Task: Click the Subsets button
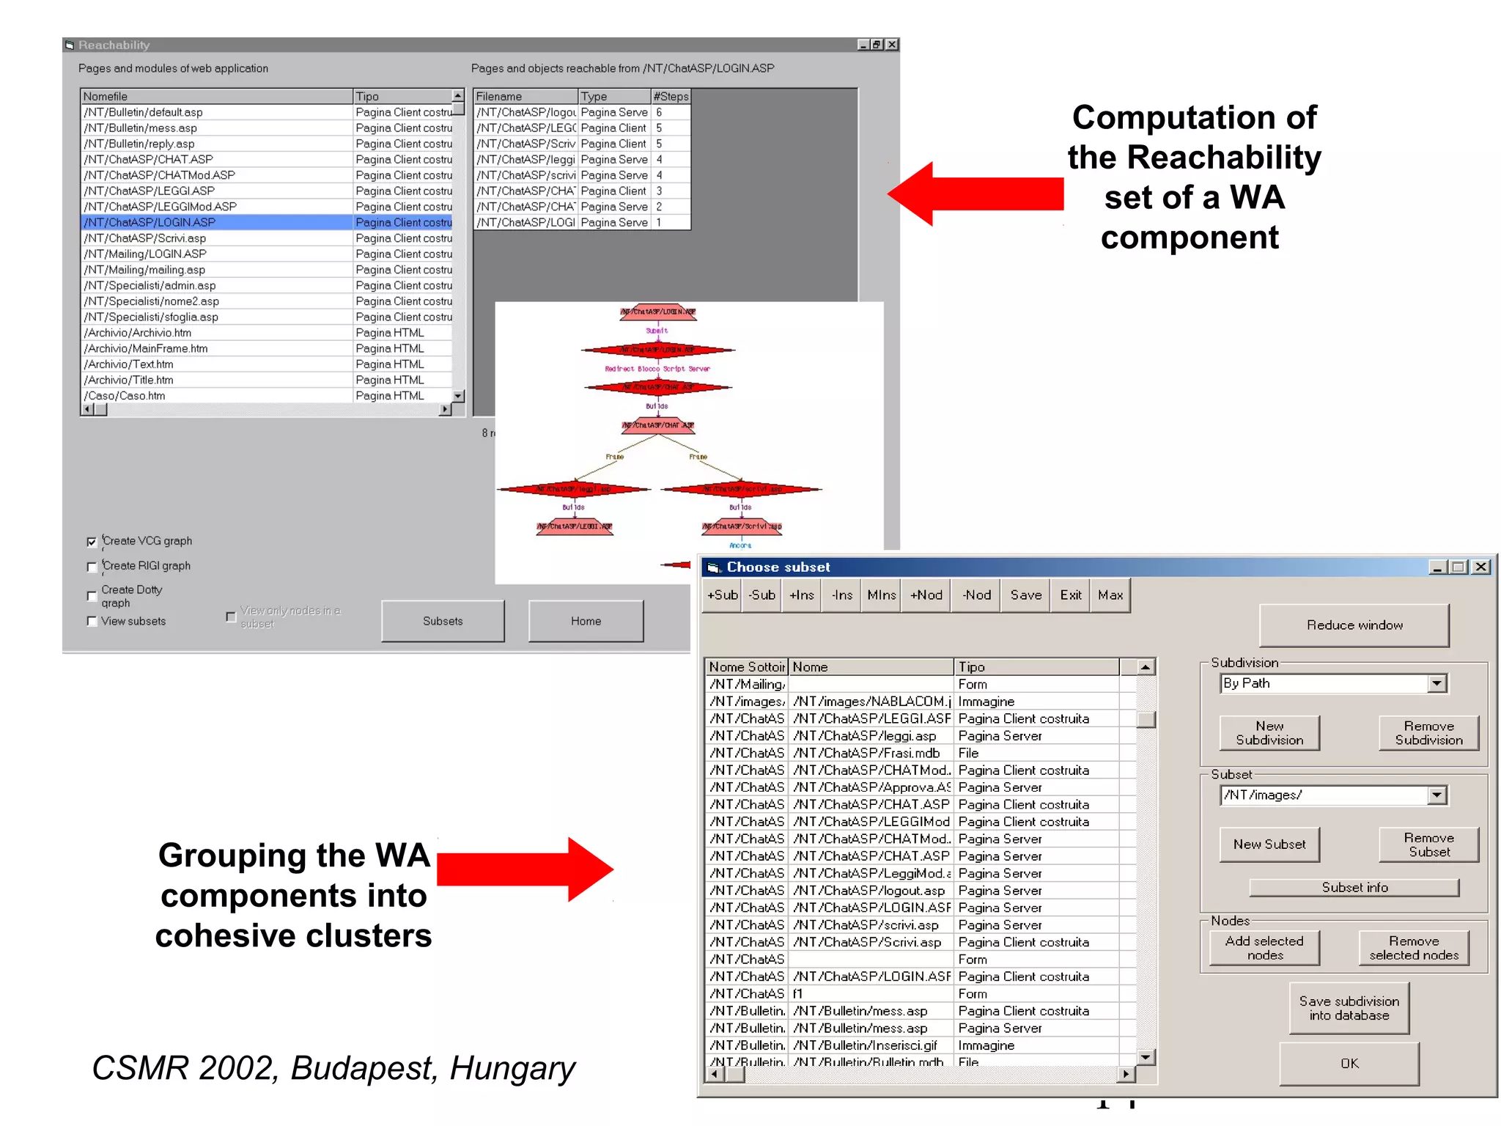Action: pos(443,621)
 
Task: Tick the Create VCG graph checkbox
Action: pos(92,542)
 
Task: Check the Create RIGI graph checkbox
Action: pos(92,567)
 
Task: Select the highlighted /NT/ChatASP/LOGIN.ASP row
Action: pos(217,222)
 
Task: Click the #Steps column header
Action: pos(671,96)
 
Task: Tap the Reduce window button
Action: pos(1354,625)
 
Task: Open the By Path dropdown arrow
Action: pos(1437,683)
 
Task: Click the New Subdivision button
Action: pos(1269,733)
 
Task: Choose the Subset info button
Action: pos(1354,887)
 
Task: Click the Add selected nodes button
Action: pos(1264,948)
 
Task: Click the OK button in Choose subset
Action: pos(1349,1063)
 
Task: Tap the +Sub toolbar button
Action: pos(722,595)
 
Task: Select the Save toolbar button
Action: pos(1025,595)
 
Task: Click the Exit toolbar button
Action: pos(1070,595)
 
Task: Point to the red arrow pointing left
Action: pos(975,194)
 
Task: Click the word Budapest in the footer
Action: pos(364,1068)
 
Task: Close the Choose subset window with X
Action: pos(1481,567)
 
